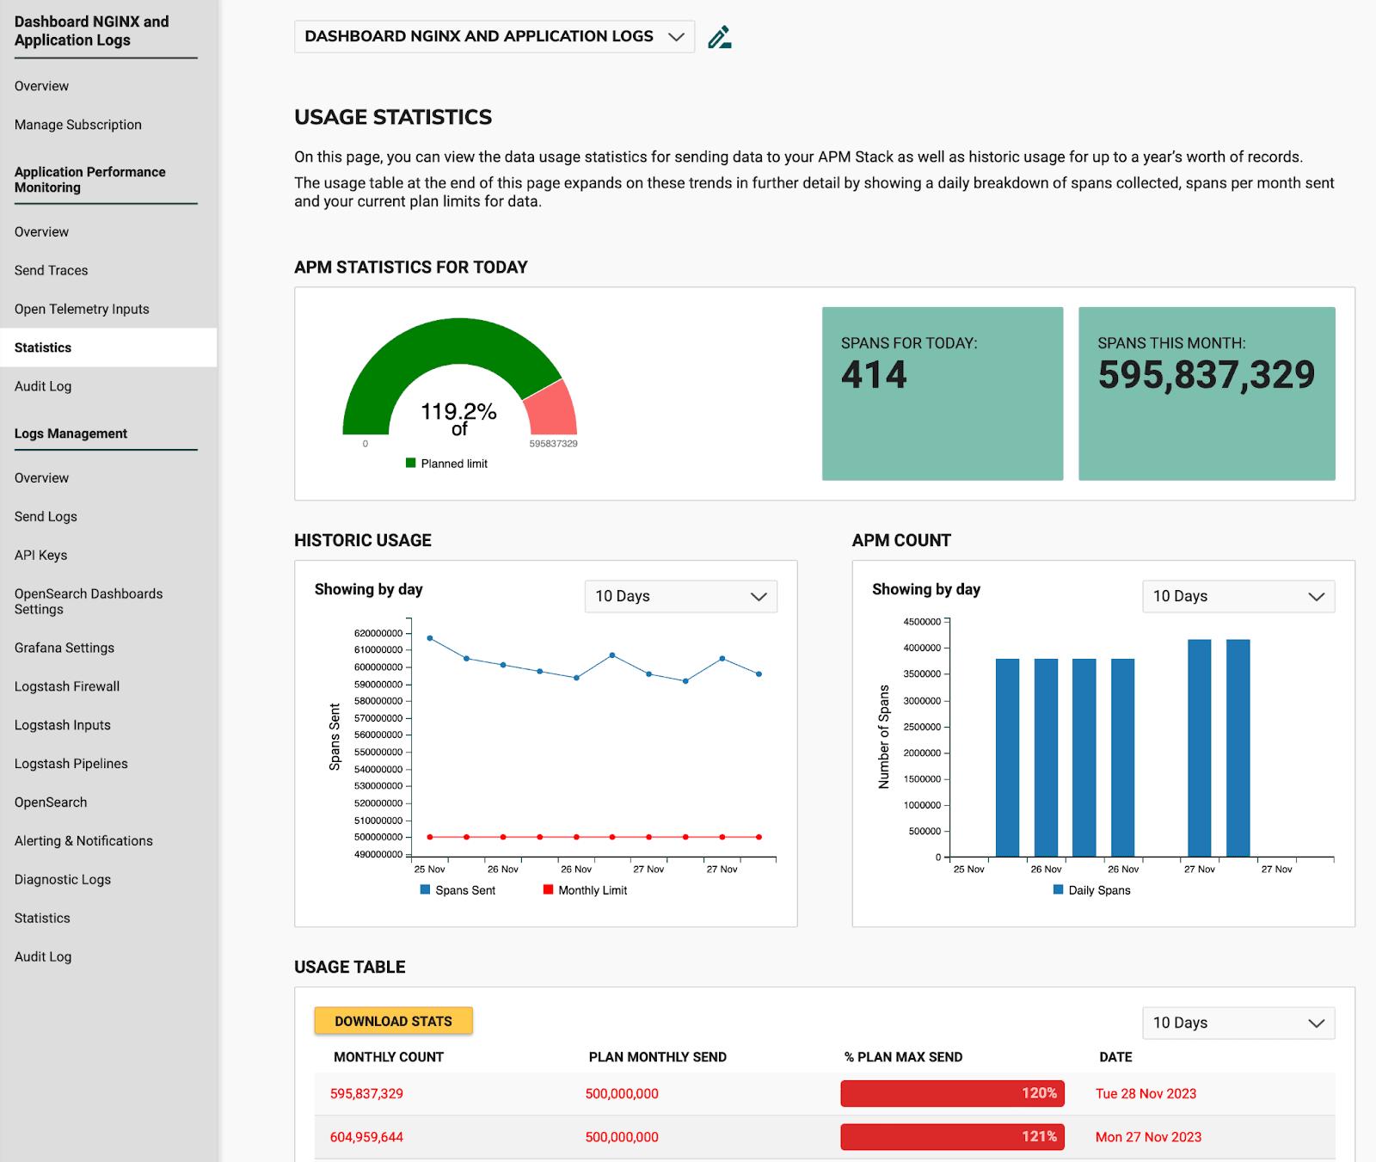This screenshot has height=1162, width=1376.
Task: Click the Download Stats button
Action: coord(393,1021)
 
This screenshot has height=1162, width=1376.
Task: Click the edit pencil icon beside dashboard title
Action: coord(719,37)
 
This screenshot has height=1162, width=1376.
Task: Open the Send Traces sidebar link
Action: coord(51,270)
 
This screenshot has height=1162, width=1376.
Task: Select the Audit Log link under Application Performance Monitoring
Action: coord(43,386)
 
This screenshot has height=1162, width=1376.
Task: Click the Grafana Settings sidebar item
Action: coord(64,648)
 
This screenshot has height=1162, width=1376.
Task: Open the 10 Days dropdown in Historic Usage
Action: coord(680,596)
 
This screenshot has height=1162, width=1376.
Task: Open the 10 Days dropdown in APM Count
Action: coord(1238,596)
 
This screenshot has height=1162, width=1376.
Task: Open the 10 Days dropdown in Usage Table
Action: coord(1238,1023)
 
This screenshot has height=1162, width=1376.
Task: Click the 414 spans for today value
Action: coord(874,375)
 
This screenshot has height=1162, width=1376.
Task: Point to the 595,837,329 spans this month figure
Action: coord(1206,375)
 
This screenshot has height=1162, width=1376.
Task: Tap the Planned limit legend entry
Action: coord(447,464)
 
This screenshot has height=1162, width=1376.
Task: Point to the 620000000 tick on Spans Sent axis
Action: coord(378,633)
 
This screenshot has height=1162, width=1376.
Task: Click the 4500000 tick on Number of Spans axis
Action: coord(922,622)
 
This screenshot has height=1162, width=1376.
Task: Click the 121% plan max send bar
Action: coord(952,1137)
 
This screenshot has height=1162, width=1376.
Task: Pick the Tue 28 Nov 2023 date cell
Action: coord(1146,1094)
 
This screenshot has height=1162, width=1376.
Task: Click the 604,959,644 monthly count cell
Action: coord(366,1137)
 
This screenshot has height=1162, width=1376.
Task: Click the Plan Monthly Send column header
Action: coord(657,1057)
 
